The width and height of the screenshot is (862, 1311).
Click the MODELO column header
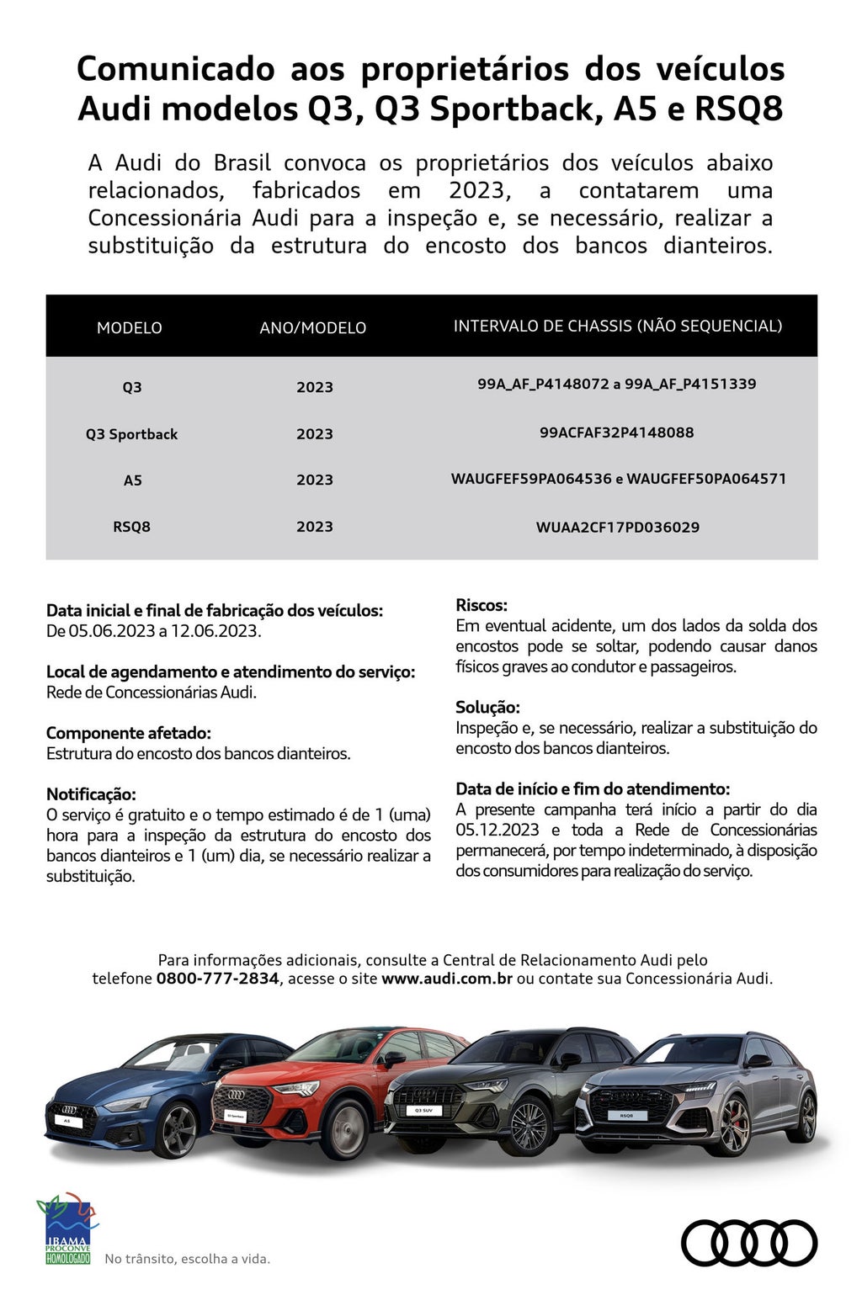(x=129, y=328)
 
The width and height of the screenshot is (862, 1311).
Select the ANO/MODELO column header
(x=312, y=328)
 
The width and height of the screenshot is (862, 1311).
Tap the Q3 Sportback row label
(x=131, y=434)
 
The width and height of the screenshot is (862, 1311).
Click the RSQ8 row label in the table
(x=131, y=527)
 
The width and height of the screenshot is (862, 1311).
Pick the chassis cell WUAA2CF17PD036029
(x=617, y=528)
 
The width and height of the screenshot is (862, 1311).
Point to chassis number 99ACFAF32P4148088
(x=616, y=433)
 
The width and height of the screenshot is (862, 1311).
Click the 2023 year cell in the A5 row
(x=314, y=480)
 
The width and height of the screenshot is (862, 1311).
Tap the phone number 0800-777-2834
(x=217, y=979)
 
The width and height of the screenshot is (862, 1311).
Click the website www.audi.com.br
(x=446, y=979)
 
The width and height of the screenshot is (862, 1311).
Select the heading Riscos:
(x=482, y=605)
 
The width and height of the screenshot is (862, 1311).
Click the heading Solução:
(x=487, y=708)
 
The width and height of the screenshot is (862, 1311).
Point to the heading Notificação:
(x=91, y=794)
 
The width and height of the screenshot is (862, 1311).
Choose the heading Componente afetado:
(x=129, y=733)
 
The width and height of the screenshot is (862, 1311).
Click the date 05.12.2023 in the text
(x=498, y=831)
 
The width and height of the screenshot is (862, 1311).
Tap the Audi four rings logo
(x=748, y=1243)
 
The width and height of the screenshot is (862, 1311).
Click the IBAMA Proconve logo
(x=67, y=1229)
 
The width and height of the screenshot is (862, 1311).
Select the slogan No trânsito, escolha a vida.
(x=187, y=1260)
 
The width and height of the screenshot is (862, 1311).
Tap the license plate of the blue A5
(x=68, y=1122)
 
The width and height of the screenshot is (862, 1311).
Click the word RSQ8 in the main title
(x=739, y=109)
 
